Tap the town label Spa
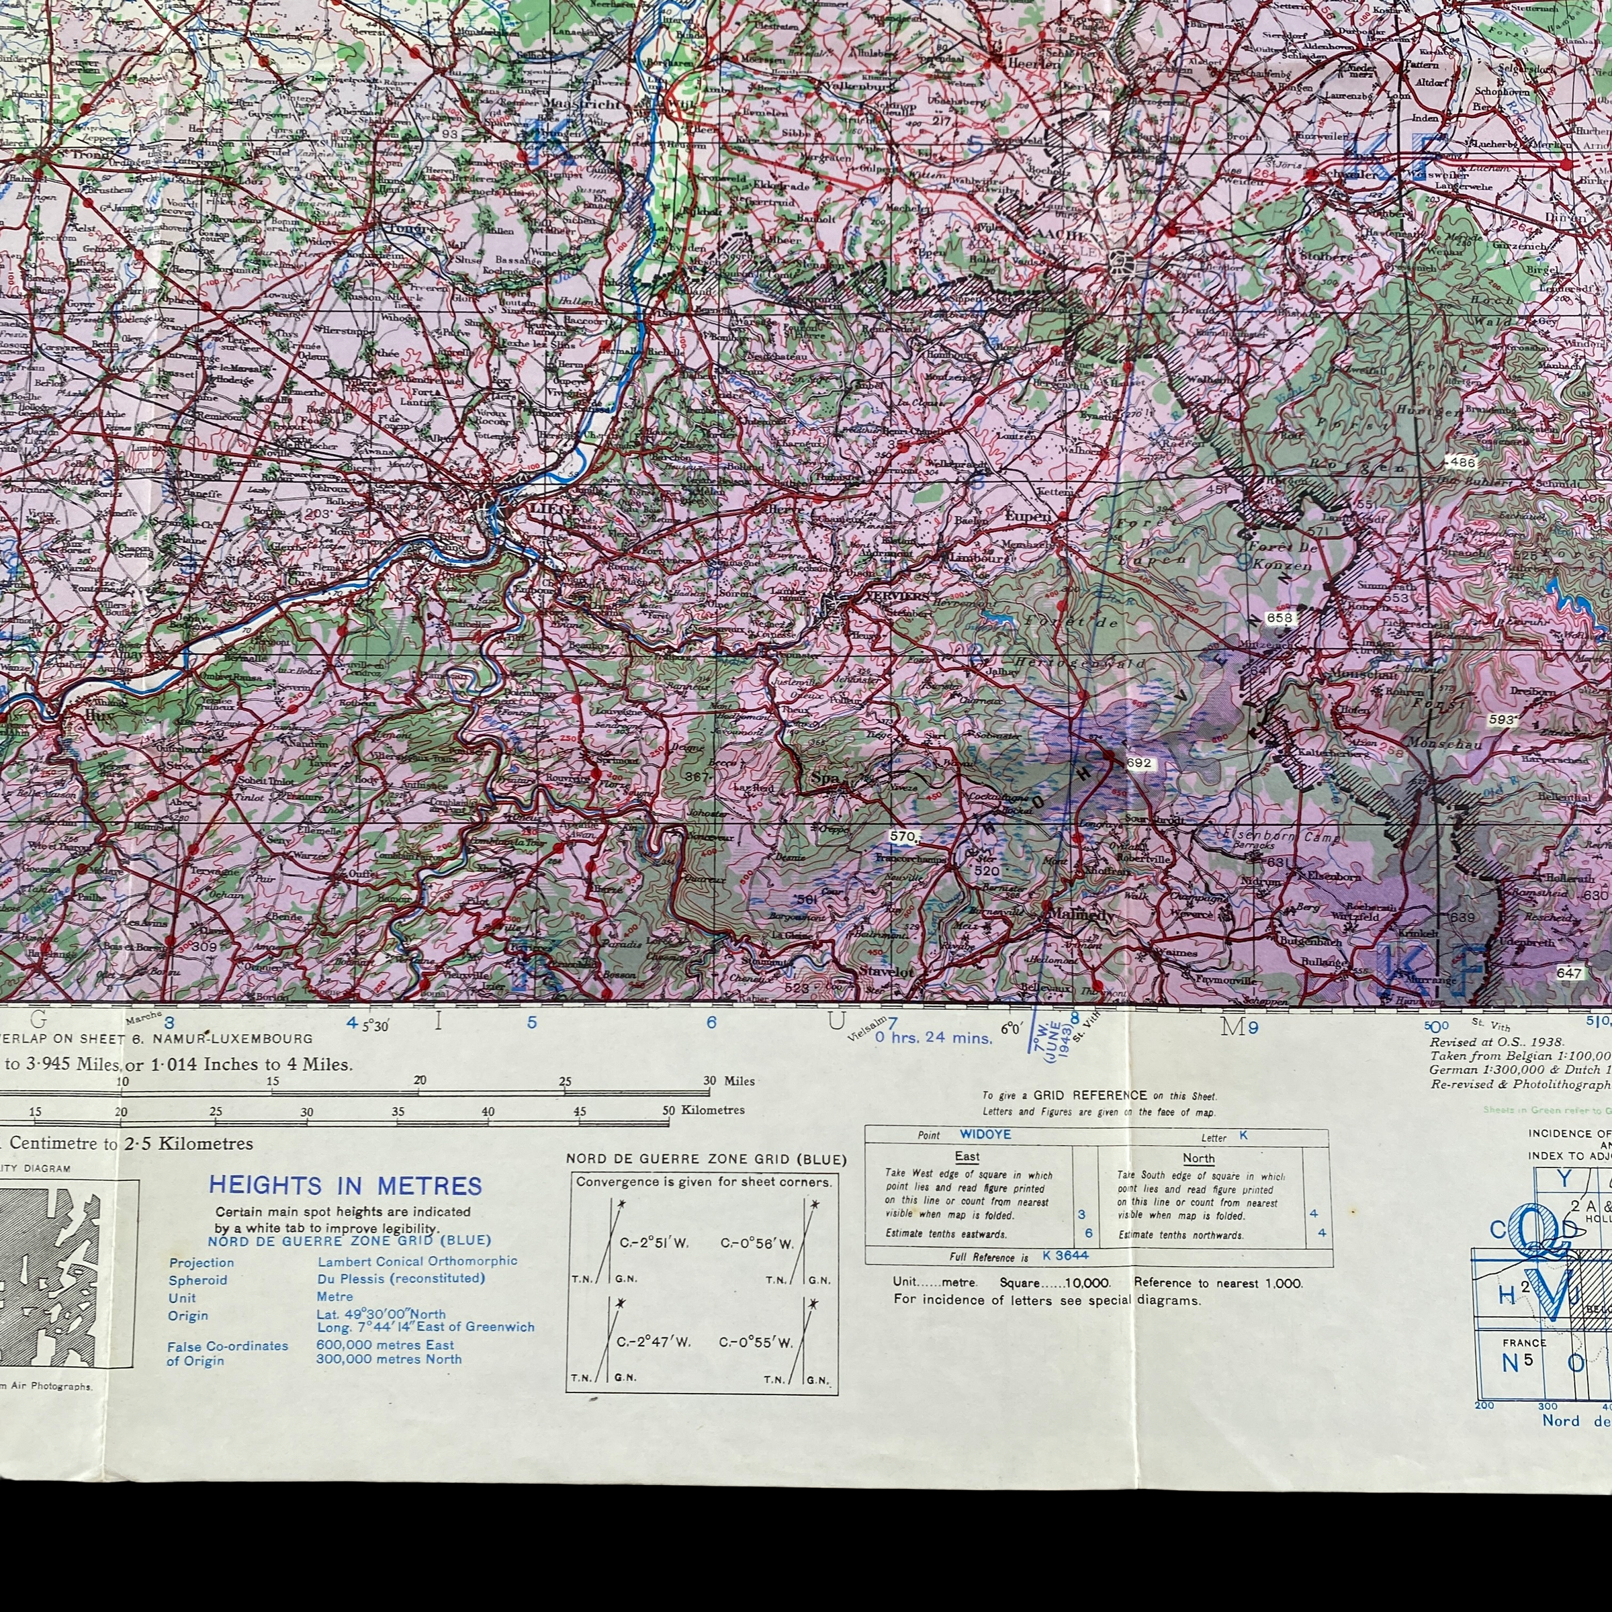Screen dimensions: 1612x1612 (x=824, y=777)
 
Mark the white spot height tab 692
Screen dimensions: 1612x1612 (x=1138, y=762)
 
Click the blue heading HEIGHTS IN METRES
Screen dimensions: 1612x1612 (x=345, y=1185)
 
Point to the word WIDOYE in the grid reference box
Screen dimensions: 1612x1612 (x=985, y=1134)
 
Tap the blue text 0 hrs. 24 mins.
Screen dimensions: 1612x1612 (x=934, y=1038)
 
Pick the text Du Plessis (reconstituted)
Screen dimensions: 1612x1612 (x=400, y=1278)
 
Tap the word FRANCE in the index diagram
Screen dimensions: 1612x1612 (x=1525, y=1366)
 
